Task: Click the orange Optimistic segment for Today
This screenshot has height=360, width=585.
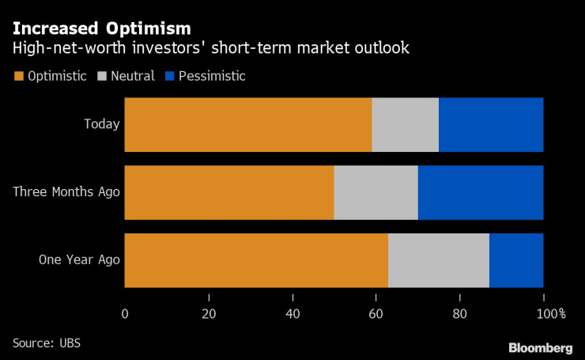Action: [x=248, y=124]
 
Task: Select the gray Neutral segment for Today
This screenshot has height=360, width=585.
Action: [x=405, y=124]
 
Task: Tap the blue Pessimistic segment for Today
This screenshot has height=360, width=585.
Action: [x=491, y=124]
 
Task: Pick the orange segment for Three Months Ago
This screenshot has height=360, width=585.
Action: [x=229, y=192]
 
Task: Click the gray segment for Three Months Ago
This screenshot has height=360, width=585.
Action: [x=376, y=192]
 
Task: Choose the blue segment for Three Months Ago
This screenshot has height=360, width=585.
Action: [x=481, y=192]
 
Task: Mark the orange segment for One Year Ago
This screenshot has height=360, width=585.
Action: [x=256, y=260]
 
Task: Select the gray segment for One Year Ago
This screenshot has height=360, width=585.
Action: [x=439, y=260]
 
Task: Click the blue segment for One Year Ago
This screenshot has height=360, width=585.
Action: [x=516, y=260]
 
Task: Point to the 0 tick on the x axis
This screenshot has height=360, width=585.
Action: [x=125, y=313]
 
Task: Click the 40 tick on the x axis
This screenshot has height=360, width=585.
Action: [x=292, y=313]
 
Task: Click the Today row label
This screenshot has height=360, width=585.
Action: [x=102, y=124]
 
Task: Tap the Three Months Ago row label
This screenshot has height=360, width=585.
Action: [x=66, y=192]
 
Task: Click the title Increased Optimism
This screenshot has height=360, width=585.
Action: [x=101, y=29]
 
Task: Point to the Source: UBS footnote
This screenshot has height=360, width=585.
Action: [x=47, y=343]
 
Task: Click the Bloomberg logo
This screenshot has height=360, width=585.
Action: [x=540, y=348]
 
